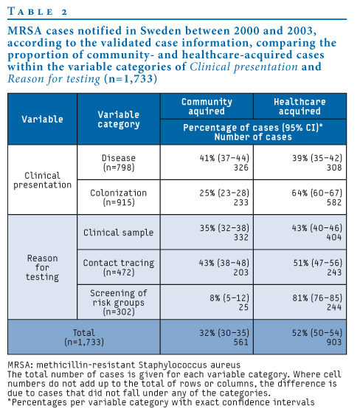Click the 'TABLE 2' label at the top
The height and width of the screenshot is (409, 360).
tap(38, 12)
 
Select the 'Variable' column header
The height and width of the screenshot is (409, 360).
tap(42, 119)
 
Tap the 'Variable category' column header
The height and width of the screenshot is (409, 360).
tap(119, 119)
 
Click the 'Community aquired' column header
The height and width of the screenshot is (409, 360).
tap(207, 106)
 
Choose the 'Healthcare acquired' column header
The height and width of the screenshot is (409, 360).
tap(300, 106)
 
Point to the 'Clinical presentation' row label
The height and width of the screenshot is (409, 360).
tap(42, 180)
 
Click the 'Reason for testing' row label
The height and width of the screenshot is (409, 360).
tap(42, 267)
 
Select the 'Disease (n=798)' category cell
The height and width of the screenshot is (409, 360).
tap(119, 162)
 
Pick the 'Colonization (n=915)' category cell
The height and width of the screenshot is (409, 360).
tap(119, 197)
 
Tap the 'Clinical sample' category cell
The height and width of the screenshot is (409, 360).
tap(119, 232)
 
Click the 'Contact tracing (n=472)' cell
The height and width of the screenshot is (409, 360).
tap(119, 267)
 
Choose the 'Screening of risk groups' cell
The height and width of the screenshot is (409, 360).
tap(119, 302)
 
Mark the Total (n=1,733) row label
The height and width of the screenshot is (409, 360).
tap(84, 337)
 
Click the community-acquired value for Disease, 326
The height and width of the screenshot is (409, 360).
tap(241, 167)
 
